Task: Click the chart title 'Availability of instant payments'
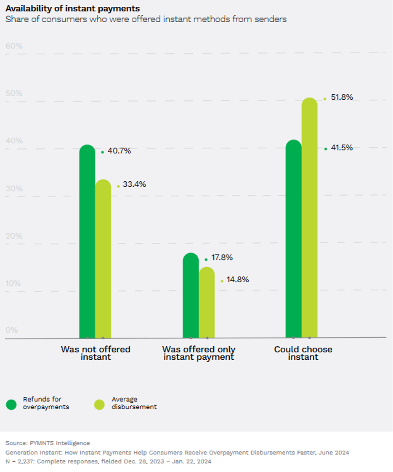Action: coord(73,8)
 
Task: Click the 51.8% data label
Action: coord(341,97)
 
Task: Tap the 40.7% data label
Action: coord(119,151)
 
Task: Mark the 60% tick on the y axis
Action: coord(14,46)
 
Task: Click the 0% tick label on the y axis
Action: coord(12,330)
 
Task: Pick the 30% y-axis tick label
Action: coord(14,188)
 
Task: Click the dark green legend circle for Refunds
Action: coord(11,405)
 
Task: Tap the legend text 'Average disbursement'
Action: coord(134,403)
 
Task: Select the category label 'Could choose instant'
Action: coord(303,353)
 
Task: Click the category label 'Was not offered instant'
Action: coord(96,353)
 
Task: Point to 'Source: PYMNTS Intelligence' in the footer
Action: coord(48,443)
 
